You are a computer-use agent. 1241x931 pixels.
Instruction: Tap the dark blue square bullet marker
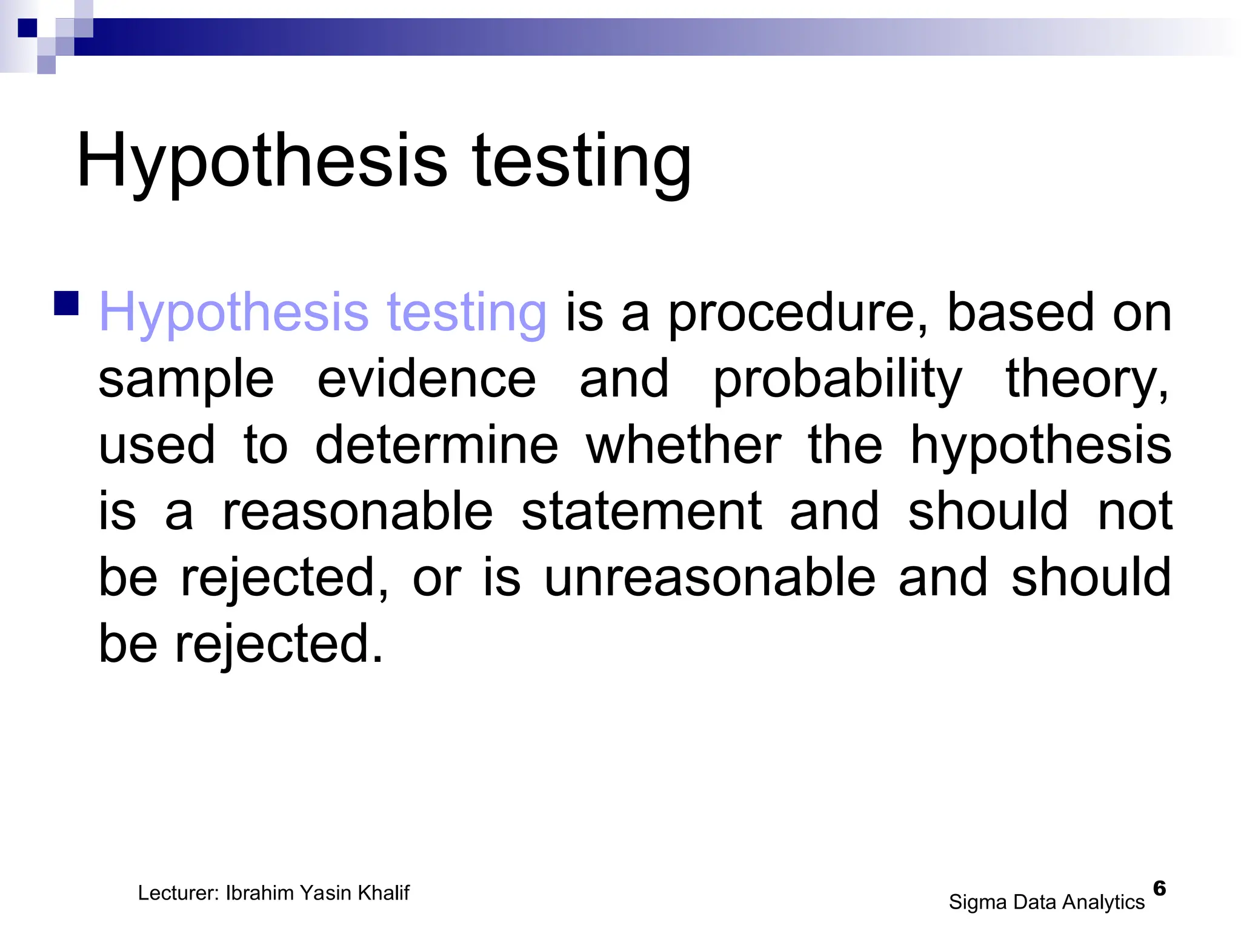pos(66,304)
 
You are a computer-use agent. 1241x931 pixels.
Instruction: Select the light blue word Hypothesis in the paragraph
pos(233,313)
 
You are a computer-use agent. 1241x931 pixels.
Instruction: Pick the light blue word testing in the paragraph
pos(467,313)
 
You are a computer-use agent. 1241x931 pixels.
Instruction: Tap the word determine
pos(436,445)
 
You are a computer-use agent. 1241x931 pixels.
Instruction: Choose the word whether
pos(684,445)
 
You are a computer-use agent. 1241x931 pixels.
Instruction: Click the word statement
pos(641,511)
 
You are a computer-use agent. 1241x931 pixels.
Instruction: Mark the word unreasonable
pos(710,577)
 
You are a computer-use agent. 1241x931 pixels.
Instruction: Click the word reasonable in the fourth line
pos(358,511)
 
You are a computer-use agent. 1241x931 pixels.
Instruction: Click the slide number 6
pos(1159,888)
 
